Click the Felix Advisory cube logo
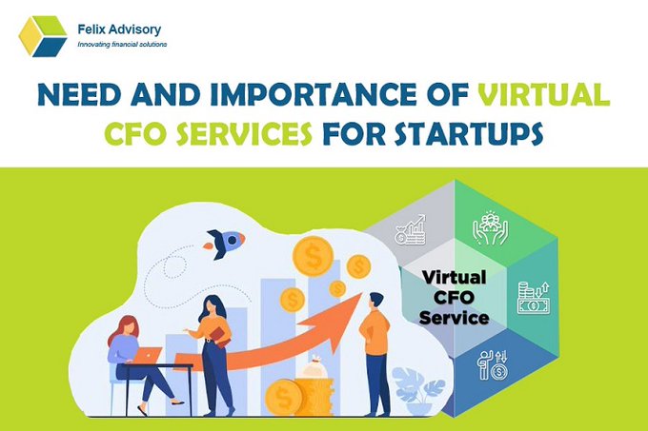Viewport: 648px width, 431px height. click(43, 36)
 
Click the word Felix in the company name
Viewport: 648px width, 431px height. click(89, 29)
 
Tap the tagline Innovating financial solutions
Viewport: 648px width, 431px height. click(122, 45)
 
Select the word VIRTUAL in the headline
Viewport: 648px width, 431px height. click(544, 94)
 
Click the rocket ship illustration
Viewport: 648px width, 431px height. click(224, 243)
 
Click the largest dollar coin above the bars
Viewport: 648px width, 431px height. click(313, 257)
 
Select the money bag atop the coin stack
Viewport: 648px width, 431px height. click(314, 368)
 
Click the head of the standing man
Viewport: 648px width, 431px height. click(376, 301)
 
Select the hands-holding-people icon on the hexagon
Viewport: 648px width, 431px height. click(490, 228)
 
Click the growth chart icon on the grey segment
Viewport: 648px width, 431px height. click(411, 230)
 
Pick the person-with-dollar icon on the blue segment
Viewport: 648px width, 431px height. click(493, 364)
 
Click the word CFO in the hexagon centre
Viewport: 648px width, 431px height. click(454, 298)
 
